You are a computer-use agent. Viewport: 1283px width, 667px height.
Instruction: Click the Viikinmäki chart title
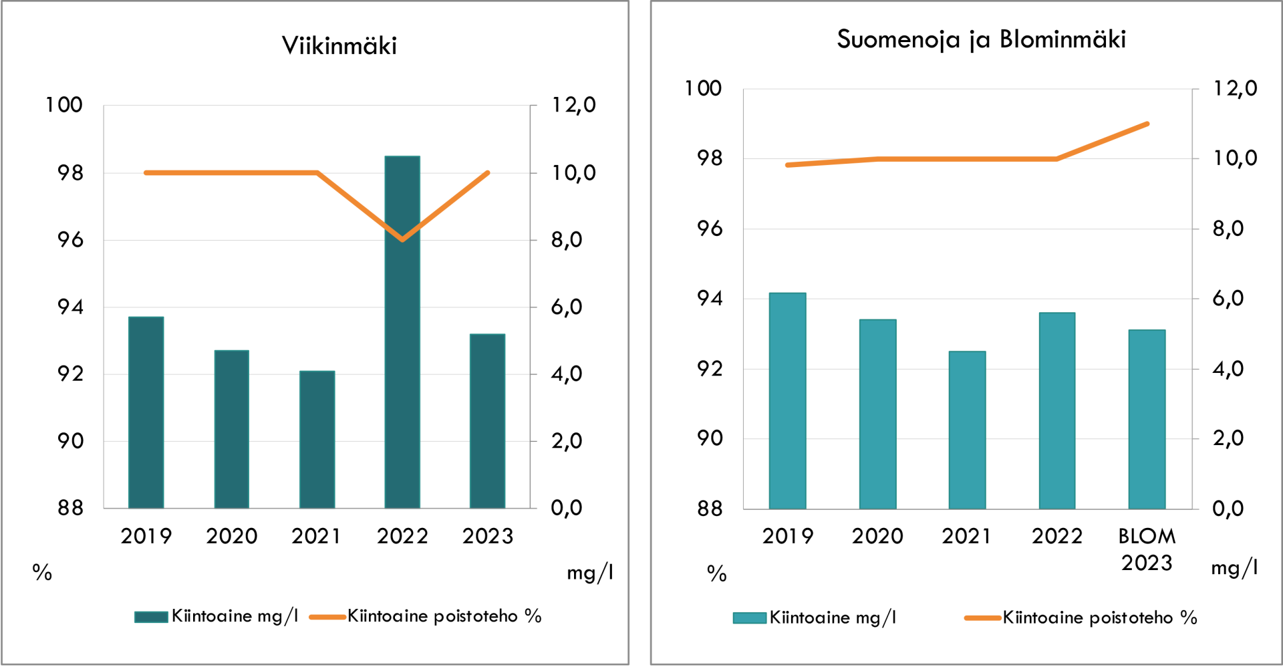click(x=339, y=45)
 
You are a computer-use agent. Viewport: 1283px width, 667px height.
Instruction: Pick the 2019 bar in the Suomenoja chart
click(x=787, y=401)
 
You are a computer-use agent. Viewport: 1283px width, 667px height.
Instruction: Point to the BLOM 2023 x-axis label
click(x=1147, y=549)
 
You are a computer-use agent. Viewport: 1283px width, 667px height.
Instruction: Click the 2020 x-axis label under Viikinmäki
click(x=231, y=536)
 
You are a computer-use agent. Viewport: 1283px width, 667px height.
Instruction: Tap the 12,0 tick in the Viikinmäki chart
click(x=573, y=105)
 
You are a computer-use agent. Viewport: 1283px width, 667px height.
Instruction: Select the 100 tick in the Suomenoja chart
click(x=703, y=88)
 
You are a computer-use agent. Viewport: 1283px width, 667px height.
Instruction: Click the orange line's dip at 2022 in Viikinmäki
click(x=402, y=239)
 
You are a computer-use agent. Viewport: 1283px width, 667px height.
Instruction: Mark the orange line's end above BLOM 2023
click(x=1147, y=124)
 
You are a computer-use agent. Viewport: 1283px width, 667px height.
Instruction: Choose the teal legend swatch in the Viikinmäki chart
click(x=151, y=616)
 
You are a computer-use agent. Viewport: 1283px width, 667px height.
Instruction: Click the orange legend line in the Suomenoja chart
click(x=982, y=618)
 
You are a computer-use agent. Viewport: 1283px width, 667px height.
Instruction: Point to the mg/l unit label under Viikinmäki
click(x=589, y=573)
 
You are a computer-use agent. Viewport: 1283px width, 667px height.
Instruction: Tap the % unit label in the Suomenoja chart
click(x=716, y=573)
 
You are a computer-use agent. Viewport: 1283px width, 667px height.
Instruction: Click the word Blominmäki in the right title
click(x=1062, y=39)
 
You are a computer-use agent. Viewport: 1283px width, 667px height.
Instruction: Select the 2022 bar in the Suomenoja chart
click(x=1056, y=410)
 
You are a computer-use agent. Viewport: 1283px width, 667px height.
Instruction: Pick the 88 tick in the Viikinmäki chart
click(x=70, y=508)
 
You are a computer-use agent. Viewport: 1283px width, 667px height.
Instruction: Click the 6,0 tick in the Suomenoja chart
click(x=1228, y=298)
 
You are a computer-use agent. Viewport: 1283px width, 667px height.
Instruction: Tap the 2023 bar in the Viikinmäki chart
click(x=487, y=421)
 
